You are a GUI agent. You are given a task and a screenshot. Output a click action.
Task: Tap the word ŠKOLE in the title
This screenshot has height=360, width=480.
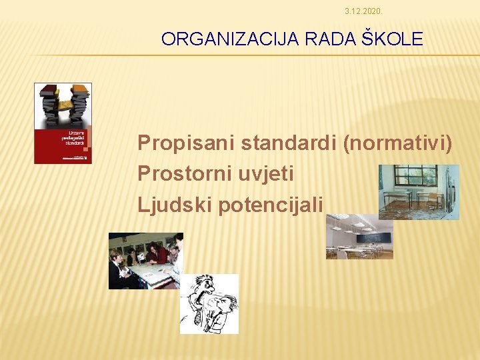click(397, 39)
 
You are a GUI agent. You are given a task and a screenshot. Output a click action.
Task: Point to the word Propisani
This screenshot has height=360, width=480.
click(186, 143)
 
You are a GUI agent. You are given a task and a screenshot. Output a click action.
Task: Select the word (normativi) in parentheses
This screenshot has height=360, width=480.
click(398, 143)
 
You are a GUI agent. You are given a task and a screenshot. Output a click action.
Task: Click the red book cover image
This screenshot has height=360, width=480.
click(63, 123)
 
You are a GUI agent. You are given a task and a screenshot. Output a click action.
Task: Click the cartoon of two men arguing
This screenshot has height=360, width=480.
click(209, 303)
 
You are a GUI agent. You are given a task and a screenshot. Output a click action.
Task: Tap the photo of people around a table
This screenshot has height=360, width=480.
click(145, 261)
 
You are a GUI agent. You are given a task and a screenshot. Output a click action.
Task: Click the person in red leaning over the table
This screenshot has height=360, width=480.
click(159, 253)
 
